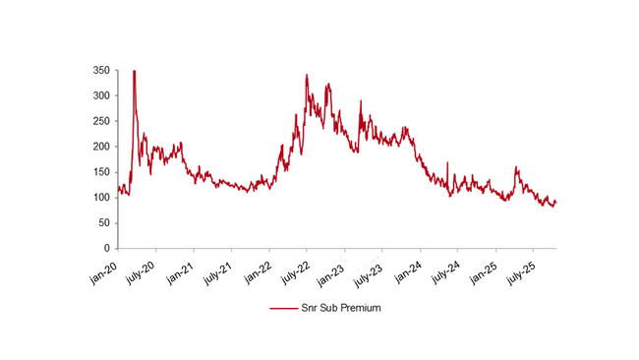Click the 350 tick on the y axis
click(x=100, y=71)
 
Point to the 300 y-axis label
click(x=100, y=96)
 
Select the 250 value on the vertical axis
click(x=100, y=122)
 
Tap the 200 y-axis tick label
click(x=100, y=147)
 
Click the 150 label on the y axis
click(x=100, y=172)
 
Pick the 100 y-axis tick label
click(x=100, y=198)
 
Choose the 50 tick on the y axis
click(x=103, y=223)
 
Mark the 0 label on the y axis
click(x=106, y=249)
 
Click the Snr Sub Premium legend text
click(x=339, y=308)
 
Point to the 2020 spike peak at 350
click(x=134, y=71)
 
